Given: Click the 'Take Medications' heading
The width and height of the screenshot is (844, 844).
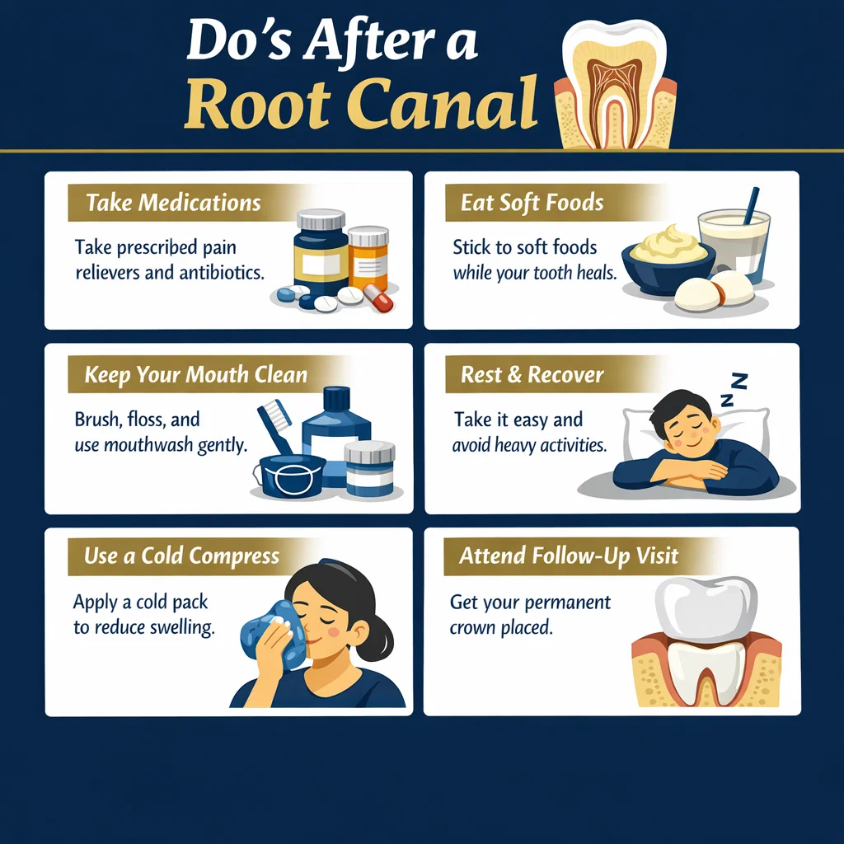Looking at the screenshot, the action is point(173,203).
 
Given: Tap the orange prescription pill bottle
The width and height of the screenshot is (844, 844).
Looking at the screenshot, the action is point(368,258).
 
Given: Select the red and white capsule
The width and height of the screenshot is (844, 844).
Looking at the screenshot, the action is point(377,298).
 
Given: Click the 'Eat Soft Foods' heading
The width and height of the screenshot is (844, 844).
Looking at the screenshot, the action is point(532,203).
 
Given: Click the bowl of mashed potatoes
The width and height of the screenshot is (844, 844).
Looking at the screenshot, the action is point(668,261).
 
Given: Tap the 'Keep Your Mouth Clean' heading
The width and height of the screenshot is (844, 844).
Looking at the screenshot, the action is point(196,375).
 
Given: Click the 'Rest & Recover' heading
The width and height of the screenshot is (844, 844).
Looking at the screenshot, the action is point(532,375).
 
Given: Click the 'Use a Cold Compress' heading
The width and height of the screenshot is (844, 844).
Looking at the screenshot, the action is point(181,556).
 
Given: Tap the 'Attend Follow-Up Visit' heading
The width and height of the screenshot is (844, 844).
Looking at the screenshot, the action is point(569,556).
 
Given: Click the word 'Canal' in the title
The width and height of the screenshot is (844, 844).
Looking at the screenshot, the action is point(443,102).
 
